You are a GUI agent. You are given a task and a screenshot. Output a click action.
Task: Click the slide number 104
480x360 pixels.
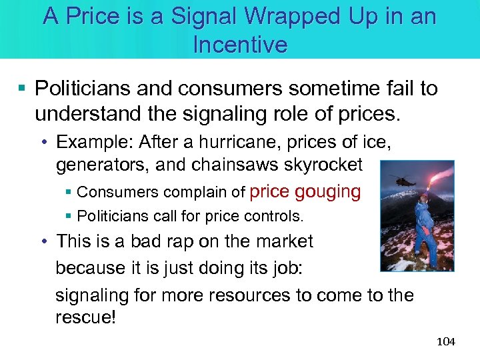click(x=445, y=342)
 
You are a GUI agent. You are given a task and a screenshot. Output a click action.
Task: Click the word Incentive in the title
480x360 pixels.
click(x=240, y=45)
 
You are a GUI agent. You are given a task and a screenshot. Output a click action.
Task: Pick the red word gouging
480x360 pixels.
click(x=327, y=192)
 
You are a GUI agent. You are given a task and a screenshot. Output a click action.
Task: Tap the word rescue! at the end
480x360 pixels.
click(x=85, y=317)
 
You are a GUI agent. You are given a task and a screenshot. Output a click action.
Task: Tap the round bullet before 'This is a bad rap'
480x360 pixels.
click(x=45, y=241)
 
